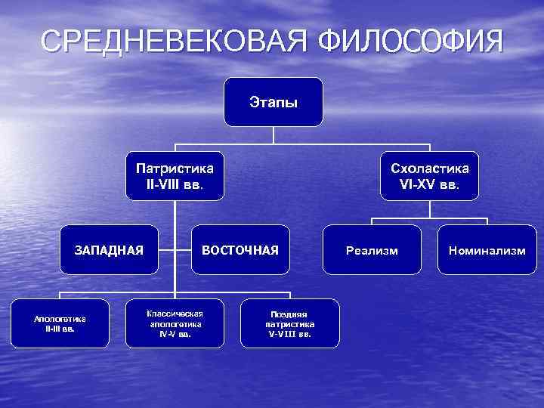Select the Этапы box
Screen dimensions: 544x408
(x=274, y=101)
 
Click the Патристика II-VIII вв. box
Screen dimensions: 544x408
(x=175, y=176)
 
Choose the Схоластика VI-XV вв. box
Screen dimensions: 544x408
(x=429, y=176)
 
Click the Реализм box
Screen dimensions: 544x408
(x=372, y=250)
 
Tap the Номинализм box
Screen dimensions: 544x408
(x=487, y=250)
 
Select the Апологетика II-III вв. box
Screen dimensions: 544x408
(x=60, y=323)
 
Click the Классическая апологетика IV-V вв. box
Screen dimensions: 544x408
(x=175, y=323)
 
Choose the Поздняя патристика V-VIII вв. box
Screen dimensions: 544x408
(x=289, y=323)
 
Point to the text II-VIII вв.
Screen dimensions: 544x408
(x=175, y=184)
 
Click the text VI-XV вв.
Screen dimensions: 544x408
(x=429, y=184)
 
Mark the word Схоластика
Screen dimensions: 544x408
(x=429, y=168)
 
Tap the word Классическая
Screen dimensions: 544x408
(x=175, y=313)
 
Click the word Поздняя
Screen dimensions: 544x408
(x=289, y=314)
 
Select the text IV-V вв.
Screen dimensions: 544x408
(x=175, y=333)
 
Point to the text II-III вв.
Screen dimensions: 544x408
(x=60, y=329)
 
